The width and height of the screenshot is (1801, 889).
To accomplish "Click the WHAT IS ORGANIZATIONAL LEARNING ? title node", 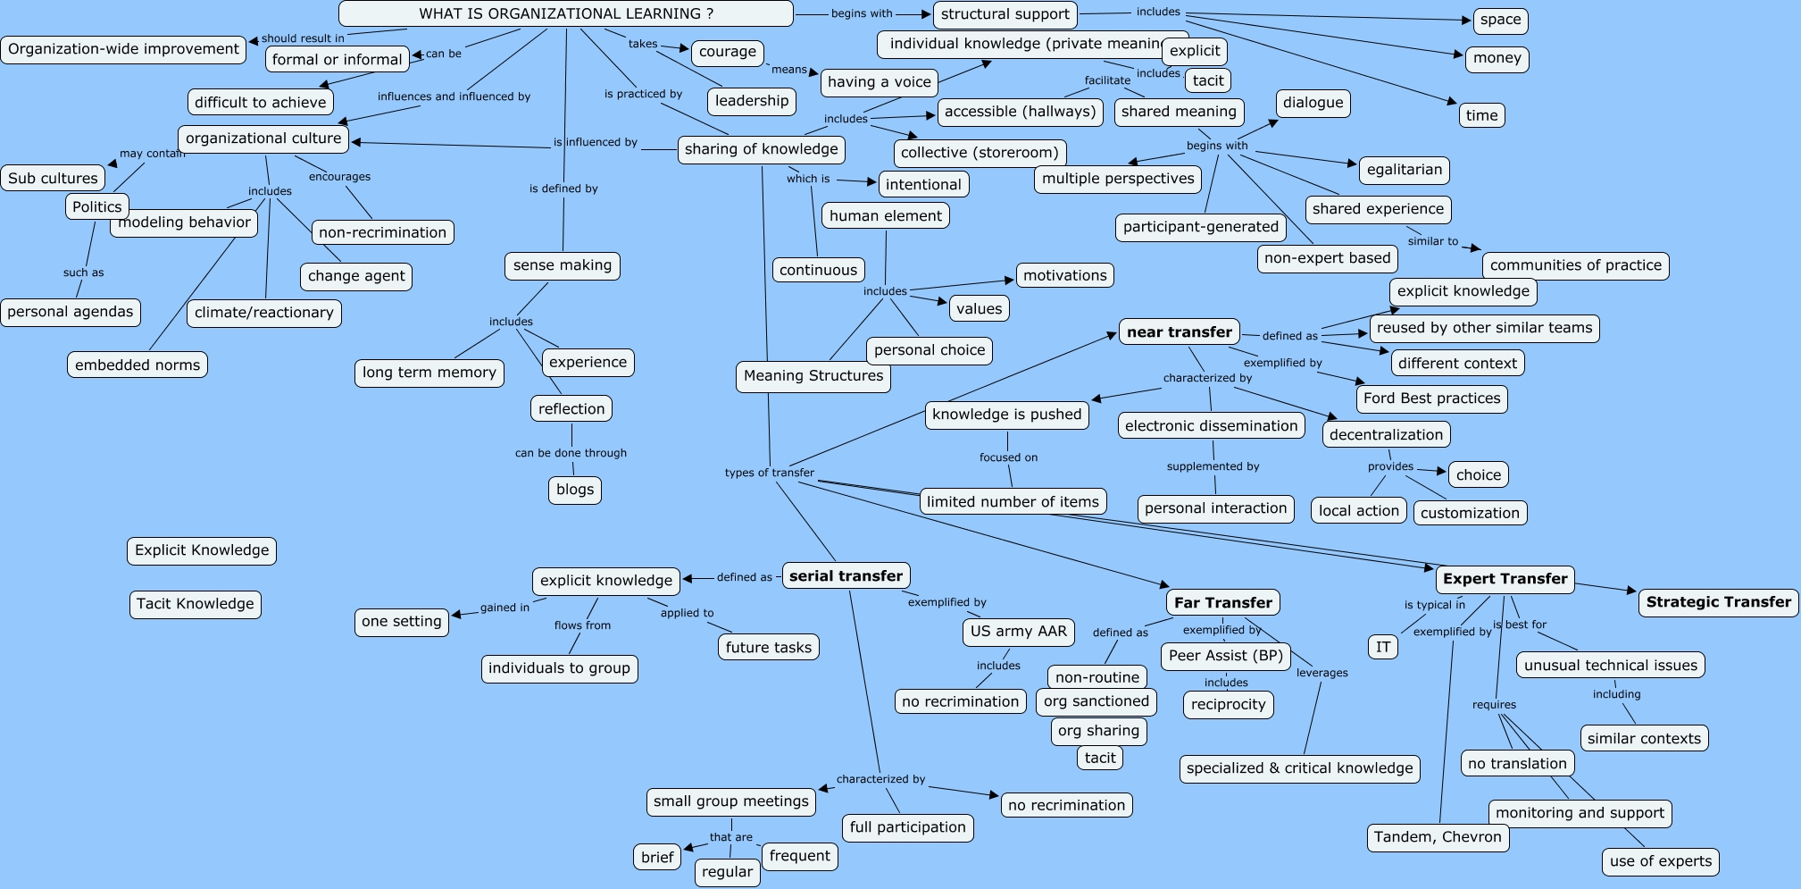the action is pyautogui.click(x=565, y=13).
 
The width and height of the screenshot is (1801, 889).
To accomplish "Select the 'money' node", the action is pyautogui.click(x=1497, y=59).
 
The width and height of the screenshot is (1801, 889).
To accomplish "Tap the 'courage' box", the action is pyautogui.click(x=727, y=52).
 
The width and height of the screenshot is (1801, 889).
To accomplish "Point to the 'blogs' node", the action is pyautogui.click(x=575, y=490).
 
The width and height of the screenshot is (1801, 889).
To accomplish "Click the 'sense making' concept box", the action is pyautogui.click(x=563, y=265).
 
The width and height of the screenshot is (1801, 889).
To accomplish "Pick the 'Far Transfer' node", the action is pyautogui.click(x=1222, y=603).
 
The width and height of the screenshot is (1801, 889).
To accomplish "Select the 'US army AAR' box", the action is pyautogui.click(x=1018, y=632).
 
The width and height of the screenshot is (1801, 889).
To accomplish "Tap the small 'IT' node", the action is pyautogui.click(x=1383, y=647).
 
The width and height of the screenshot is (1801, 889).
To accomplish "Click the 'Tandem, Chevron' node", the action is pyautogui.click(x=1438, y=837).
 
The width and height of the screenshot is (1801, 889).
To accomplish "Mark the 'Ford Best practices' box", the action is pyautogui.click(x=1431, y=398).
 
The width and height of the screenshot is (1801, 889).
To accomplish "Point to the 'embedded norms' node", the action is pyautogui.click(x=138, y=365).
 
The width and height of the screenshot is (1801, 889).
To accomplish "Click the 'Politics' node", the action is pyautogui.click(x=97, y=207).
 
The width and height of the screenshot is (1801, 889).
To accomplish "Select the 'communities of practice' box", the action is pyautogui.click(x=1575, y=265).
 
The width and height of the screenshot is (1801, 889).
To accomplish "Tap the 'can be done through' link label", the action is pyautogui.click(x=571, y=453).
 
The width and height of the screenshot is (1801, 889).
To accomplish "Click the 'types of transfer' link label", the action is pyautogui.click(x=769, y=473).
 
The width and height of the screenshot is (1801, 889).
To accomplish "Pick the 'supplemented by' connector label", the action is pyautogui.click(x=1213, y=466).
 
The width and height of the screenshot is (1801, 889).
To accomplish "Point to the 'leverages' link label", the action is pyautogui.click(x=1322, y=673).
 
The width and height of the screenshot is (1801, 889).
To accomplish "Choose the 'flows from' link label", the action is pyautogui.click(x=582, y=625).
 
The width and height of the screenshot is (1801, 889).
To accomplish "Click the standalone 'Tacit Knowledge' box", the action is pyautogui.click(x=195, y=604).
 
